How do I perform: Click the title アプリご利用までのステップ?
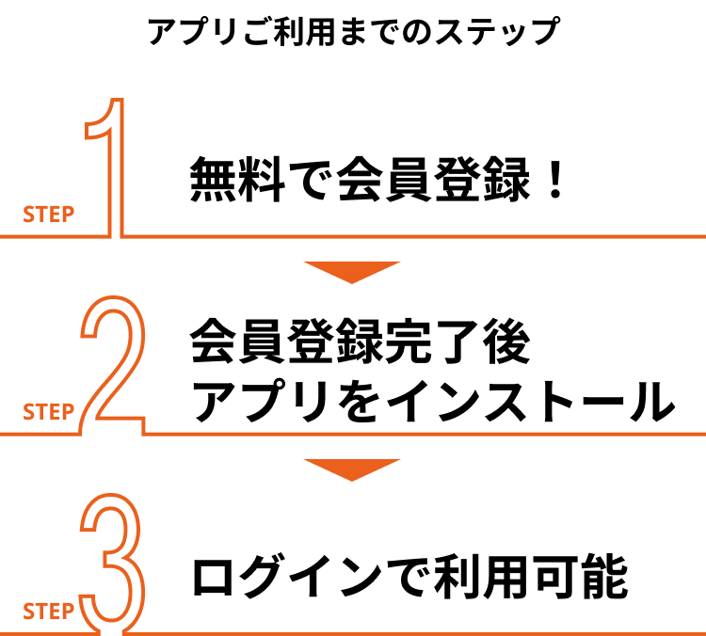coord(354,32)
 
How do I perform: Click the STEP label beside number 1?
coord(49,215)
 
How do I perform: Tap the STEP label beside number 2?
coord(49,412)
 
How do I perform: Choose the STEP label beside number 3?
coord(49,612)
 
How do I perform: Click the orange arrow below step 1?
coord(352,271)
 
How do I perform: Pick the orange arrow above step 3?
coord(352,469)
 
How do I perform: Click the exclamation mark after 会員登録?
coord(556,180)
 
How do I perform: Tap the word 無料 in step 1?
coord(238,179)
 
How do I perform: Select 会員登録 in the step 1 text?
coord(433,179)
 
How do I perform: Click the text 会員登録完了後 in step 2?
coord(361,341)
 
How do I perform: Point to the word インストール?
coord(531,401)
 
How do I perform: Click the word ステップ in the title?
coord(498,32)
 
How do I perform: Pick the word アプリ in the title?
coord(194,32)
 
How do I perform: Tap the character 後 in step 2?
coord(506,341)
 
